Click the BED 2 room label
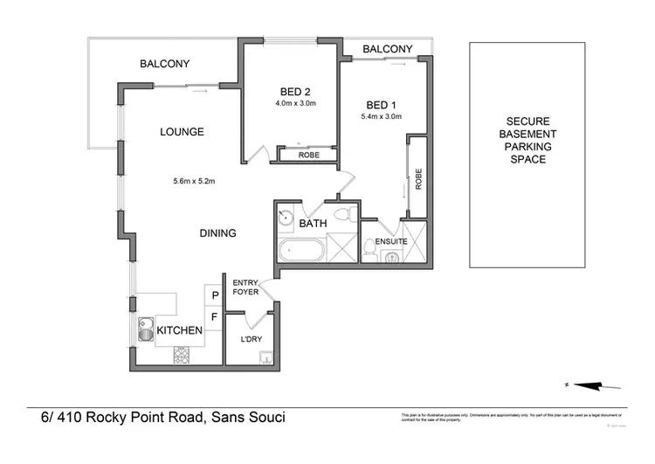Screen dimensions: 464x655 (295, 92)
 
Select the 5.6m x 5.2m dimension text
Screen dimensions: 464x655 (194, 182)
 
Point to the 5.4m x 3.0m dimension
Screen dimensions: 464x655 (381, 116)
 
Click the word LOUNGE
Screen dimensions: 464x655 (182, 132)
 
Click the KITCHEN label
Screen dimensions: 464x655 (180, 330)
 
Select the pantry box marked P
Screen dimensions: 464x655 (214, 295)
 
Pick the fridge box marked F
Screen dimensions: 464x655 (214, 316)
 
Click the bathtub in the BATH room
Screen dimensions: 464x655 (300, 252)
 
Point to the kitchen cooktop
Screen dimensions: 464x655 (183, 354)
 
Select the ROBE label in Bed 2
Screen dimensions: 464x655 (308, 155)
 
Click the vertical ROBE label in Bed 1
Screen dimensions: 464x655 (419, 178)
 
